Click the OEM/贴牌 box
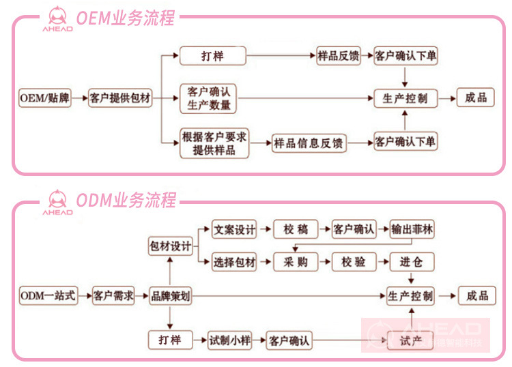point(44,98)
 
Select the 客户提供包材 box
point(120,98)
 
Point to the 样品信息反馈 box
point(309,143)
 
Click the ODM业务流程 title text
point(126,201)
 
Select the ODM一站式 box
point(48,296)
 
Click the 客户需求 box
point(113,296)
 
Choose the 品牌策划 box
point(170,296)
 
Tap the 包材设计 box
point(170,246)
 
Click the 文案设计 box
point(234,230)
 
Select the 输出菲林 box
point(412,230)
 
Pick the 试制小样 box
point(229,340)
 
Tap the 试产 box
point(410,340)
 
